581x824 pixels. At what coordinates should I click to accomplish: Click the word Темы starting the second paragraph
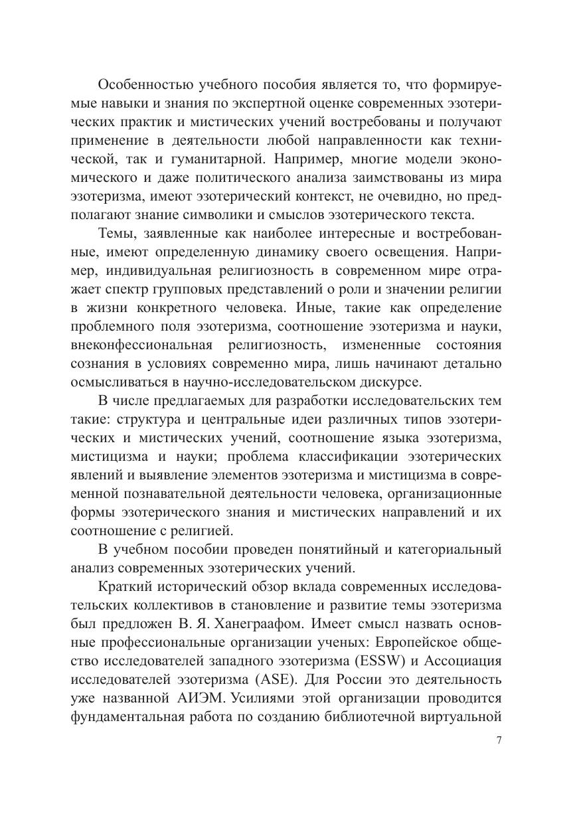coord(116,234)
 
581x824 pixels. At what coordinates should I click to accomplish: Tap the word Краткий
coord(124,587)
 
